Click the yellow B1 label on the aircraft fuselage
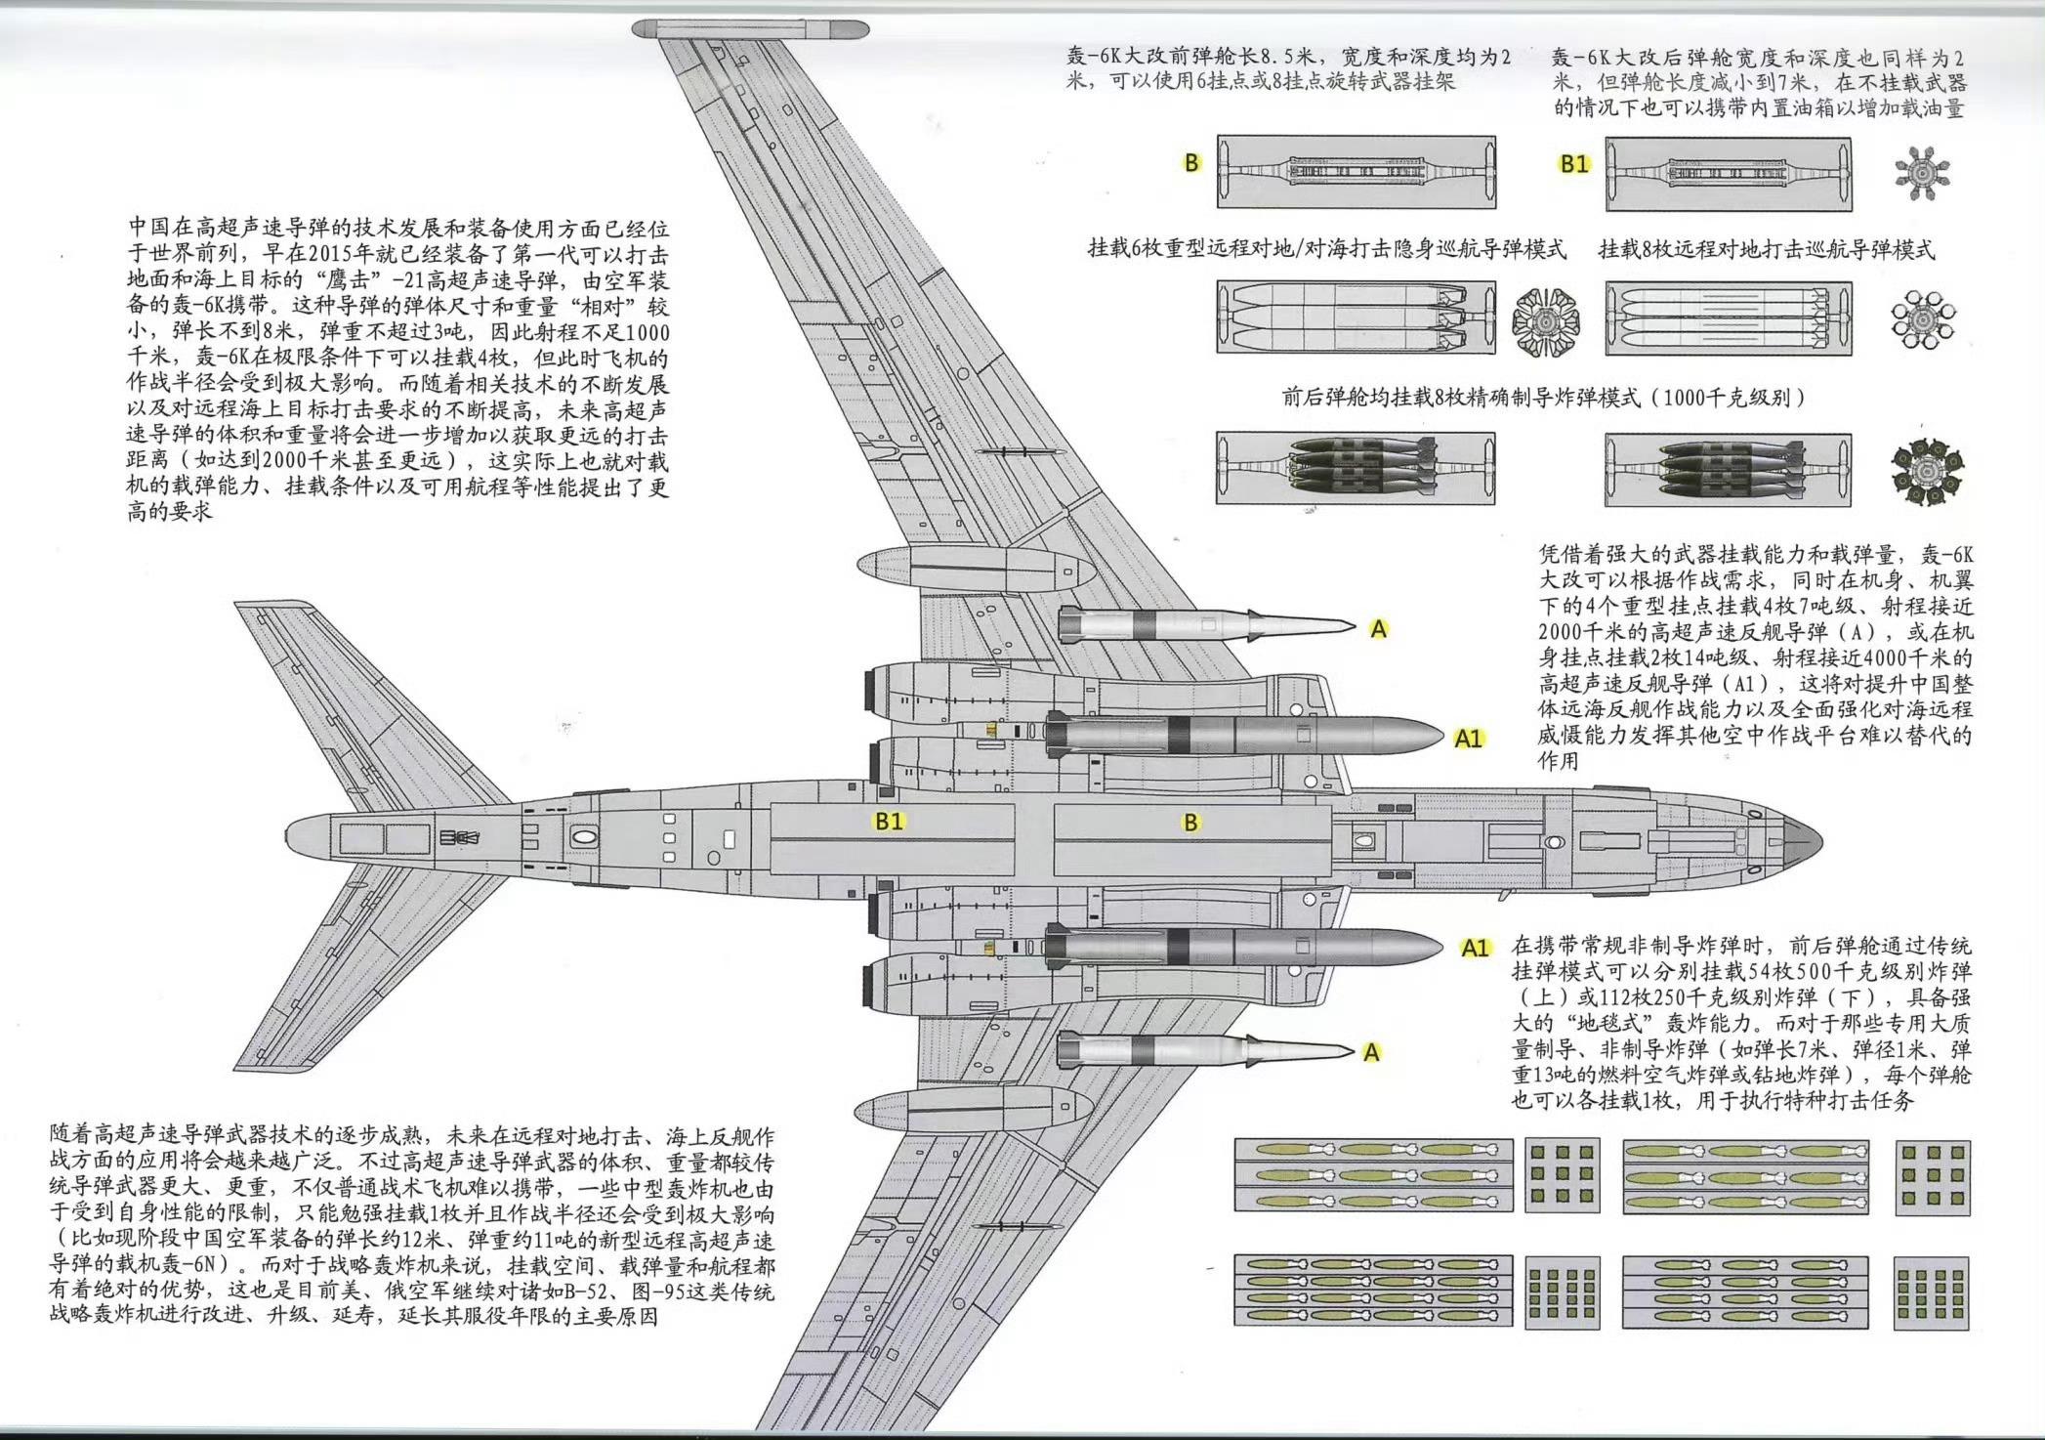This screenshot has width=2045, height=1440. click(889, 822)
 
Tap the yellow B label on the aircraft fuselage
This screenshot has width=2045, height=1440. click(1190, 823)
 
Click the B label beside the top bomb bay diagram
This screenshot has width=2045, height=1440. click(1191, 163)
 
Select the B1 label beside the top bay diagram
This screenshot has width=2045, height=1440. click(1574, 164)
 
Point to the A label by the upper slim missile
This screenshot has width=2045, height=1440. click(1379, 629)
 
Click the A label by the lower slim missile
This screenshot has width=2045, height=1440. click(1372, 1052)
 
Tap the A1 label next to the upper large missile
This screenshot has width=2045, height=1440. click(1469, 739)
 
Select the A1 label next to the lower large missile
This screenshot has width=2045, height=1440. click(1475, 948)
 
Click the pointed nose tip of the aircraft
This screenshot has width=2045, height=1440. click(1822, 841)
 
